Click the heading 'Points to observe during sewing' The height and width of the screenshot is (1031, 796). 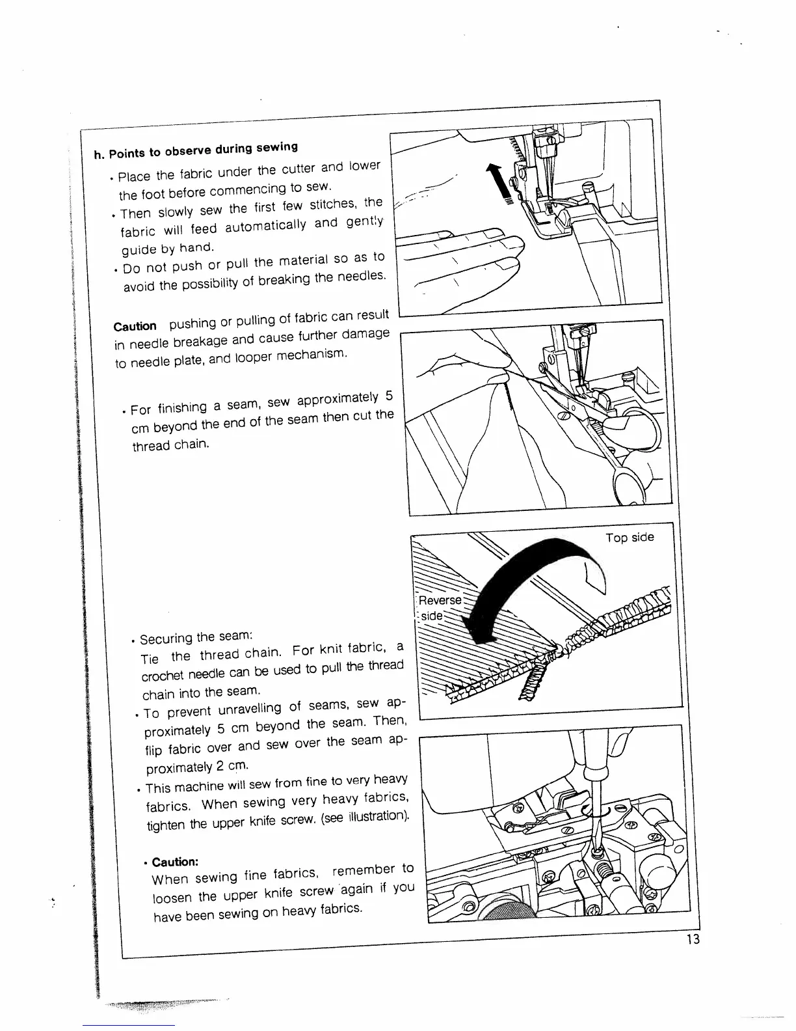[203, 150]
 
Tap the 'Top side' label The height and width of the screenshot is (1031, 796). [630, 538]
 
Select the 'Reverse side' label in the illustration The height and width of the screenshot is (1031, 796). [439, 608]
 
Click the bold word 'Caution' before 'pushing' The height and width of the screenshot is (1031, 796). [135, 326]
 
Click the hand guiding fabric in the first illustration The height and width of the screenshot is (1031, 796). [462, 260]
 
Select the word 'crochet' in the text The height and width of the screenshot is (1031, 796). [163, 674]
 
